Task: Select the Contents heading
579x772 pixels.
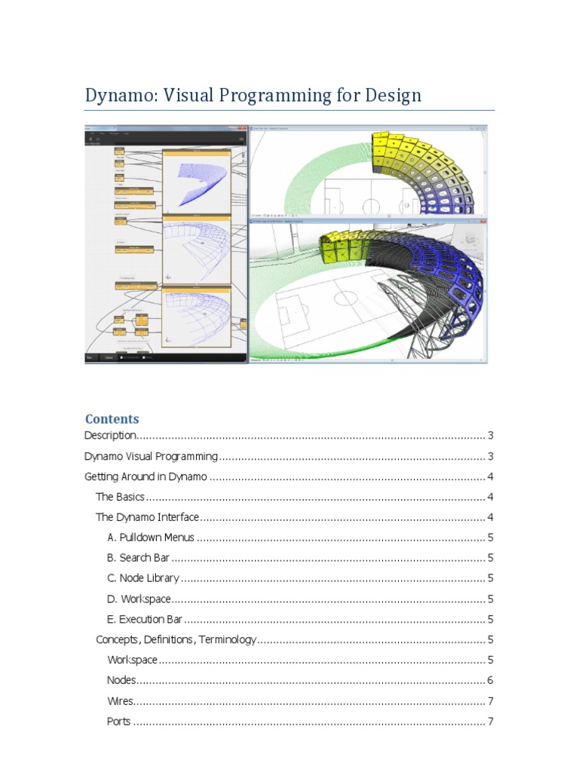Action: [112, 418]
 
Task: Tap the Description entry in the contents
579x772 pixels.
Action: [110, 436]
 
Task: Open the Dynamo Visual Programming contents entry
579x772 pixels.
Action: [151, 456]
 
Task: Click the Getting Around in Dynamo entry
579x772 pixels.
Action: [146, 476]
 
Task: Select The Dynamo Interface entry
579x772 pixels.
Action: [147, 517]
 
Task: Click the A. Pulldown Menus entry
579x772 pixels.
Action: [151, 538]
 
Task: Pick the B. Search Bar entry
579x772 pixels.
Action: [139, 558]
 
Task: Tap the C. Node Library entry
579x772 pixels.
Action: [143, 578]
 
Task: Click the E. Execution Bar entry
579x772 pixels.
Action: [146, 619]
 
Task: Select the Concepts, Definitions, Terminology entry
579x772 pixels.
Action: [176, 639]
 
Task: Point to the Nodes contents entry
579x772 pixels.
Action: [121, 680]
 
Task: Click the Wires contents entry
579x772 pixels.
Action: [120, 701]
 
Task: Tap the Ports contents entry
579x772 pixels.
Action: [119, 721]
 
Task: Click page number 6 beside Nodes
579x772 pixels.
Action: [490, 680]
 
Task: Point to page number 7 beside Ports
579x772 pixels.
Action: [490, 721]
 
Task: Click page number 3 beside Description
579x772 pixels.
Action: [490, 436]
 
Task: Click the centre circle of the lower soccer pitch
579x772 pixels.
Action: [345, 296]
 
